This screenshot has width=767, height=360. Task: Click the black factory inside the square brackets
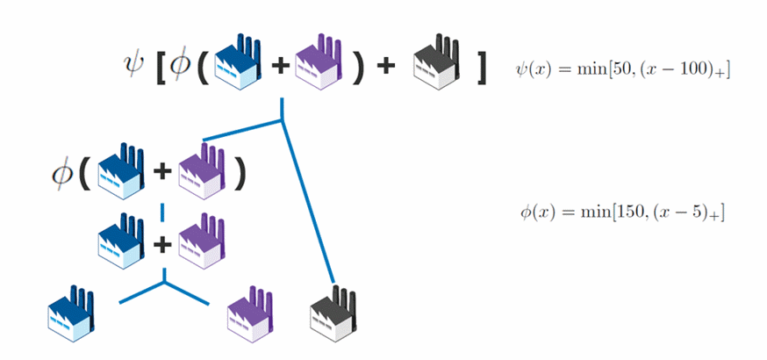pyautogui.click(x=435, y=64)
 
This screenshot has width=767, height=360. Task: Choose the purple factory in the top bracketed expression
pyautogui.click(x=317, y=64)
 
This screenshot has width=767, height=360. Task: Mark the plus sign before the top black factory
pyautogui.click(x=385, y=67)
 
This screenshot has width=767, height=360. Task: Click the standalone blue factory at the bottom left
pyautogui.click(x=69, y=317)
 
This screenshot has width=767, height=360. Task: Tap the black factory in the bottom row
pyautogui.click(x=333, y=317)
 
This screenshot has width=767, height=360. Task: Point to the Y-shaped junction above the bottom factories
pyautogui.click(x=163, y=284)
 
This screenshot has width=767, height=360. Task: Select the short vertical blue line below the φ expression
pyautogui.click(x=162, y=212)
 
